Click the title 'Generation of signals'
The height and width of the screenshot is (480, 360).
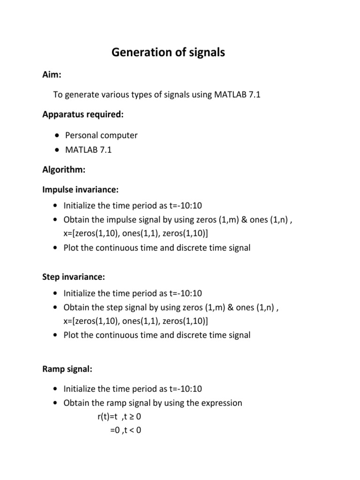pos(168,53)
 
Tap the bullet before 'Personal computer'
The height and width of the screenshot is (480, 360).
pos(57,135)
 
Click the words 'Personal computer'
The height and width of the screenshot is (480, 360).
pos(101,135)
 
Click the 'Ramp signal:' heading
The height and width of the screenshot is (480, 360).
pos(67,369)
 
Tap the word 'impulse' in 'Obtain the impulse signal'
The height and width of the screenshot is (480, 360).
pos(120,220)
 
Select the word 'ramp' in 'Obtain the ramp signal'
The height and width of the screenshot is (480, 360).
pos(117,403)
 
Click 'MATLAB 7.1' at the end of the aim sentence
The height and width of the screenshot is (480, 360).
pos(237,95)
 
